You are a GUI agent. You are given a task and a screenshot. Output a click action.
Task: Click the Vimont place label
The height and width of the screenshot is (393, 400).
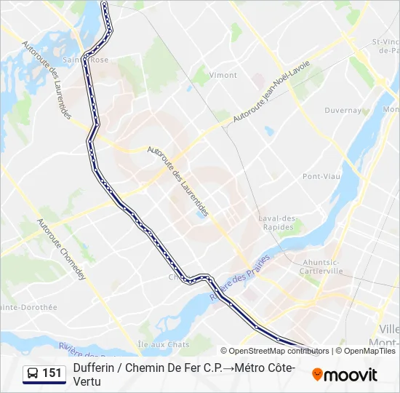223,75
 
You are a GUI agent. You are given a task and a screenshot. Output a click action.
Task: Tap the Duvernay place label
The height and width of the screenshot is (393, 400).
343,111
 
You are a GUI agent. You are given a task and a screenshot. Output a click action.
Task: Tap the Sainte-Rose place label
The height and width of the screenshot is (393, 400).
86,60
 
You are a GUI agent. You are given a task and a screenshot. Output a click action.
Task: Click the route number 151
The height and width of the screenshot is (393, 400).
52,373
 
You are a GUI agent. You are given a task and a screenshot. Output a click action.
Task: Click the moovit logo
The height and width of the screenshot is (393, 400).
345,375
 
